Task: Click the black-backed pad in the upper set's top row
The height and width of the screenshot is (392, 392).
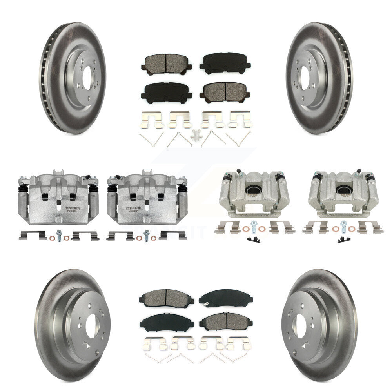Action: click(x=225, y=63)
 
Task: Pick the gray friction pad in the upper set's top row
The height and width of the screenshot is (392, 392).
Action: click(x=166, y=63)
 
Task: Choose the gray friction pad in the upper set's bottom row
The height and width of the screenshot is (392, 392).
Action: click(x=225, y=92)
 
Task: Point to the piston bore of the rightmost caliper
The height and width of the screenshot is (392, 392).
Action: click(x=343, y=191)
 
